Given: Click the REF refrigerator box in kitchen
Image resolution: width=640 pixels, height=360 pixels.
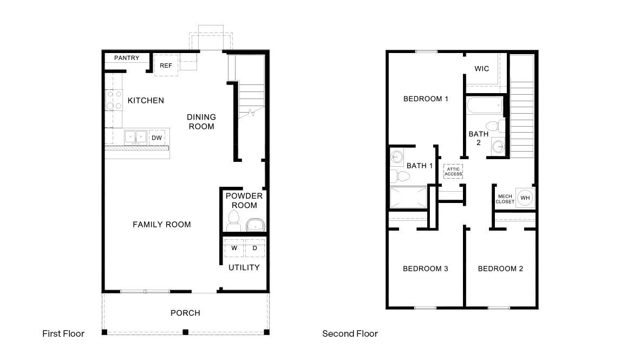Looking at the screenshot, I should (166, 65).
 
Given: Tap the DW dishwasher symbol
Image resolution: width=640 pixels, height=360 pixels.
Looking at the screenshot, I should (156, 138).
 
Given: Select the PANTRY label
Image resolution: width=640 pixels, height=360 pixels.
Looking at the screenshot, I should (127, 58).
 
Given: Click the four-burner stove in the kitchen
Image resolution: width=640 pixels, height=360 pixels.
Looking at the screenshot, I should (114, 100).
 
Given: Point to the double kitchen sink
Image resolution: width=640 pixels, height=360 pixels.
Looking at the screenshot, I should (135, 136).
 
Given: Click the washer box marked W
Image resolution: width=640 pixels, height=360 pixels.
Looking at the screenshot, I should (234, 248).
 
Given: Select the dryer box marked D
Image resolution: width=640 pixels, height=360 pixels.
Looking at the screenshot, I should (254, 248).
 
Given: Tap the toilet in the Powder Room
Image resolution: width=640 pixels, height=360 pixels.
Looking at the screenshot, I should (234, 220).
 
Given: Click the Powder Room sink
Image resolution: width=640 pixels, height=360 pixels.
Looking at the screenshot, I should (254, 223).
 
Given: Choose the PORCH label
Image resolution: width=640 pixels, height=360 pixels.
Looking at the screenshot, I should (185, 313).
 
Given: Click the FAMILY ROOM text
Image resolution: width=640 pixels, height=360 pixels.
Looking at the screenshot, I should (162, 224).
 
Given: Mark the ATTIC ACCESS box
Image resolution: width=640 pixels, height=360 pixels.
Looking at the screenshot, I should (453, 171).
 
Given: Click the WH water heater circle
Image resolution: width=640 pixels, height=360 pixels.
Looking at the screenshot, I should (525, 198).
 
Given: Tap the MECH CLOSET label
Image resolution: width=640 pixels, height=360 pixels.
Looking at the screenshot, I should (505, 199).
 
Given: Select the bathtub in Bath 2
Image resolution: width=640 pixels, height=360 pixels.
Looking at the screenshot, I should (485, 105).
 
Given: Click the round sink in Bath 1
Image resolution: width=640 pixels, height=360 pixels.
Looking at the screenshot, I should (396, 156).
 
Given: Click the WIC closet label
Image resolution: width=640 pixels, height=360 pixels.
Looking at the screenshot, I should (482, 69).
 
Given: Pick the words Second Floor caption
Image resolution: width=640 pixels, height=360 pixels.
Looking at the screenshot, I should (350, 333).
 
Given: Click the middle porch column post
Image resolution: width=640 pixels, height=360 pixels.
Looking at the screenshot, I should (185, 332).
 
